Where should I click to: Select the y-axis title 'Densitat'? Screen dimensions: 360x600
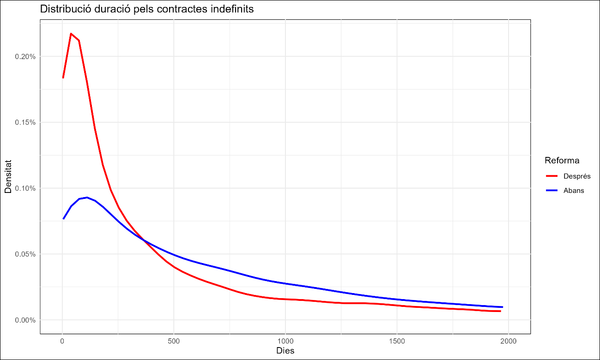point(9,188)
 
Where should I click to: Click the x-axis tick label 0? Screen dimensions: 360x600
point(62,338)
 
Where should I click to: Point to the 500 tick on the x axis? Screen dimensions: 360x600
point(174,338)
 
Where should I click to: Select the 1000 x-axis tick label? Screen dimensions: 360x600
point(286,338)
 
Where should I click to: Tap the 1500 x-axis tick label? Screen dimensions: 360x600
point(397,338)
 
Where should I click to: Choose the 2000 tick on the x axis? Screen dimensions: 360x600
point(509,338)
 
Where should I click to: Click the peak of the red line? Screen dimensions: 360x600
point(71,34)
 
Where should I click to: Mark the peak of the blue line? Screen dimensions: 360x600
point(88,197)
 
